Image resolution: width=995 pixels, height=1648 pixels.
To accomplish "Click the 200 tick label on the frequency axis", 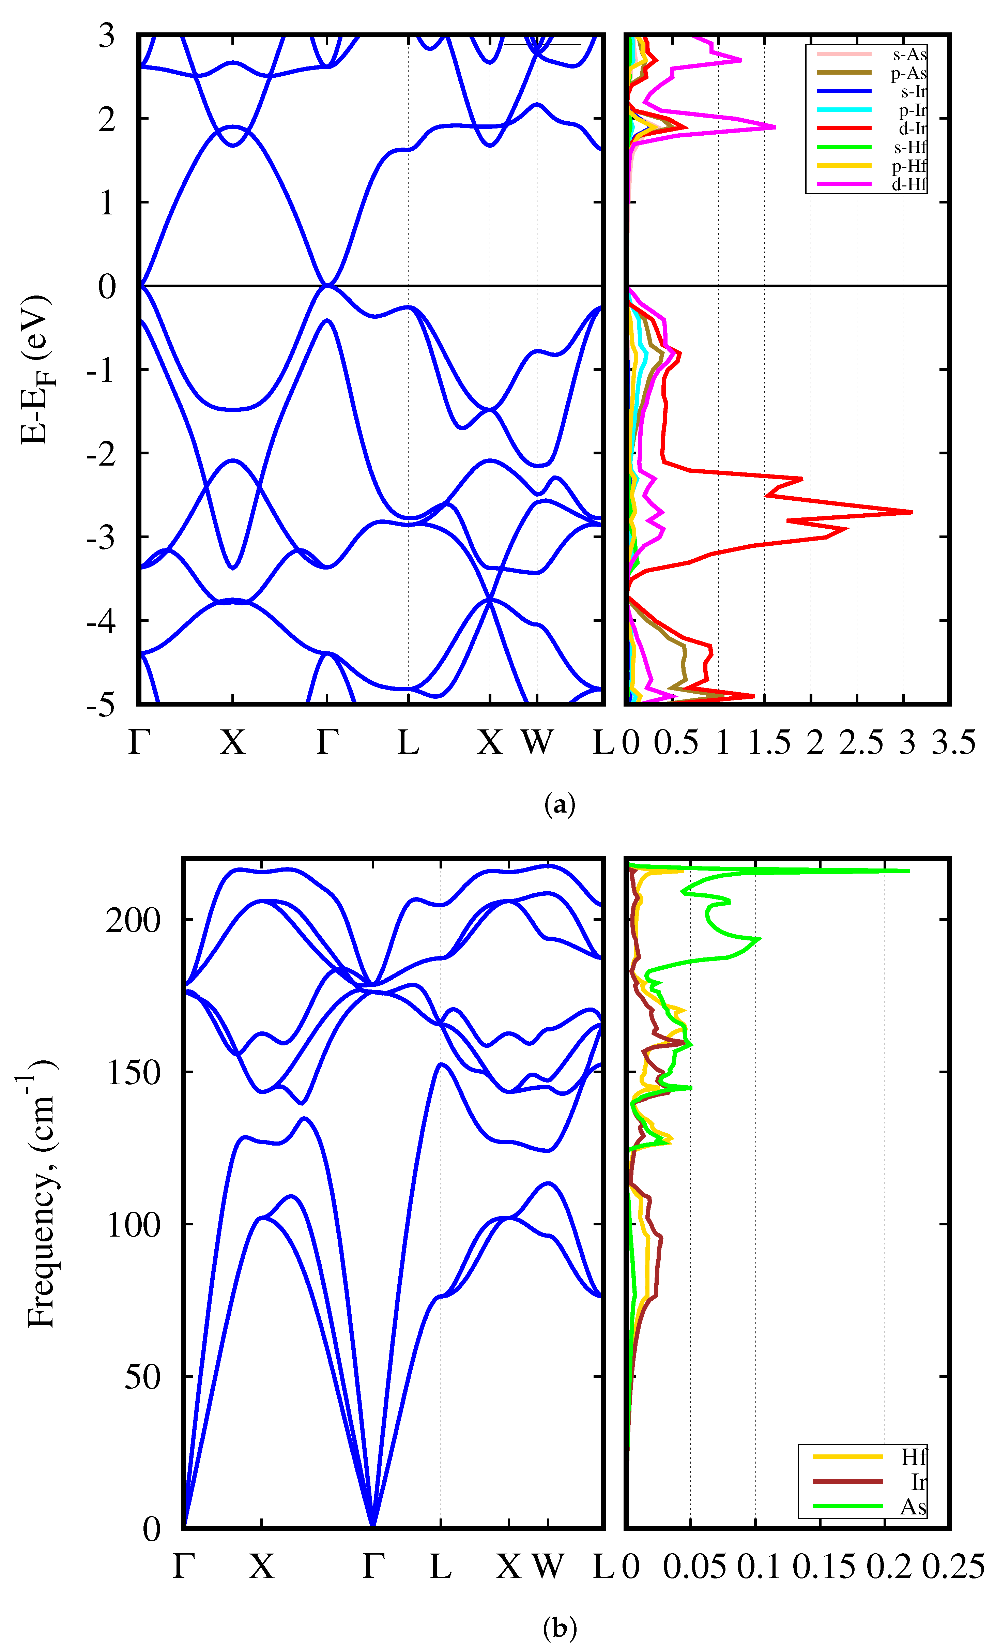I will (133, 920).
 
